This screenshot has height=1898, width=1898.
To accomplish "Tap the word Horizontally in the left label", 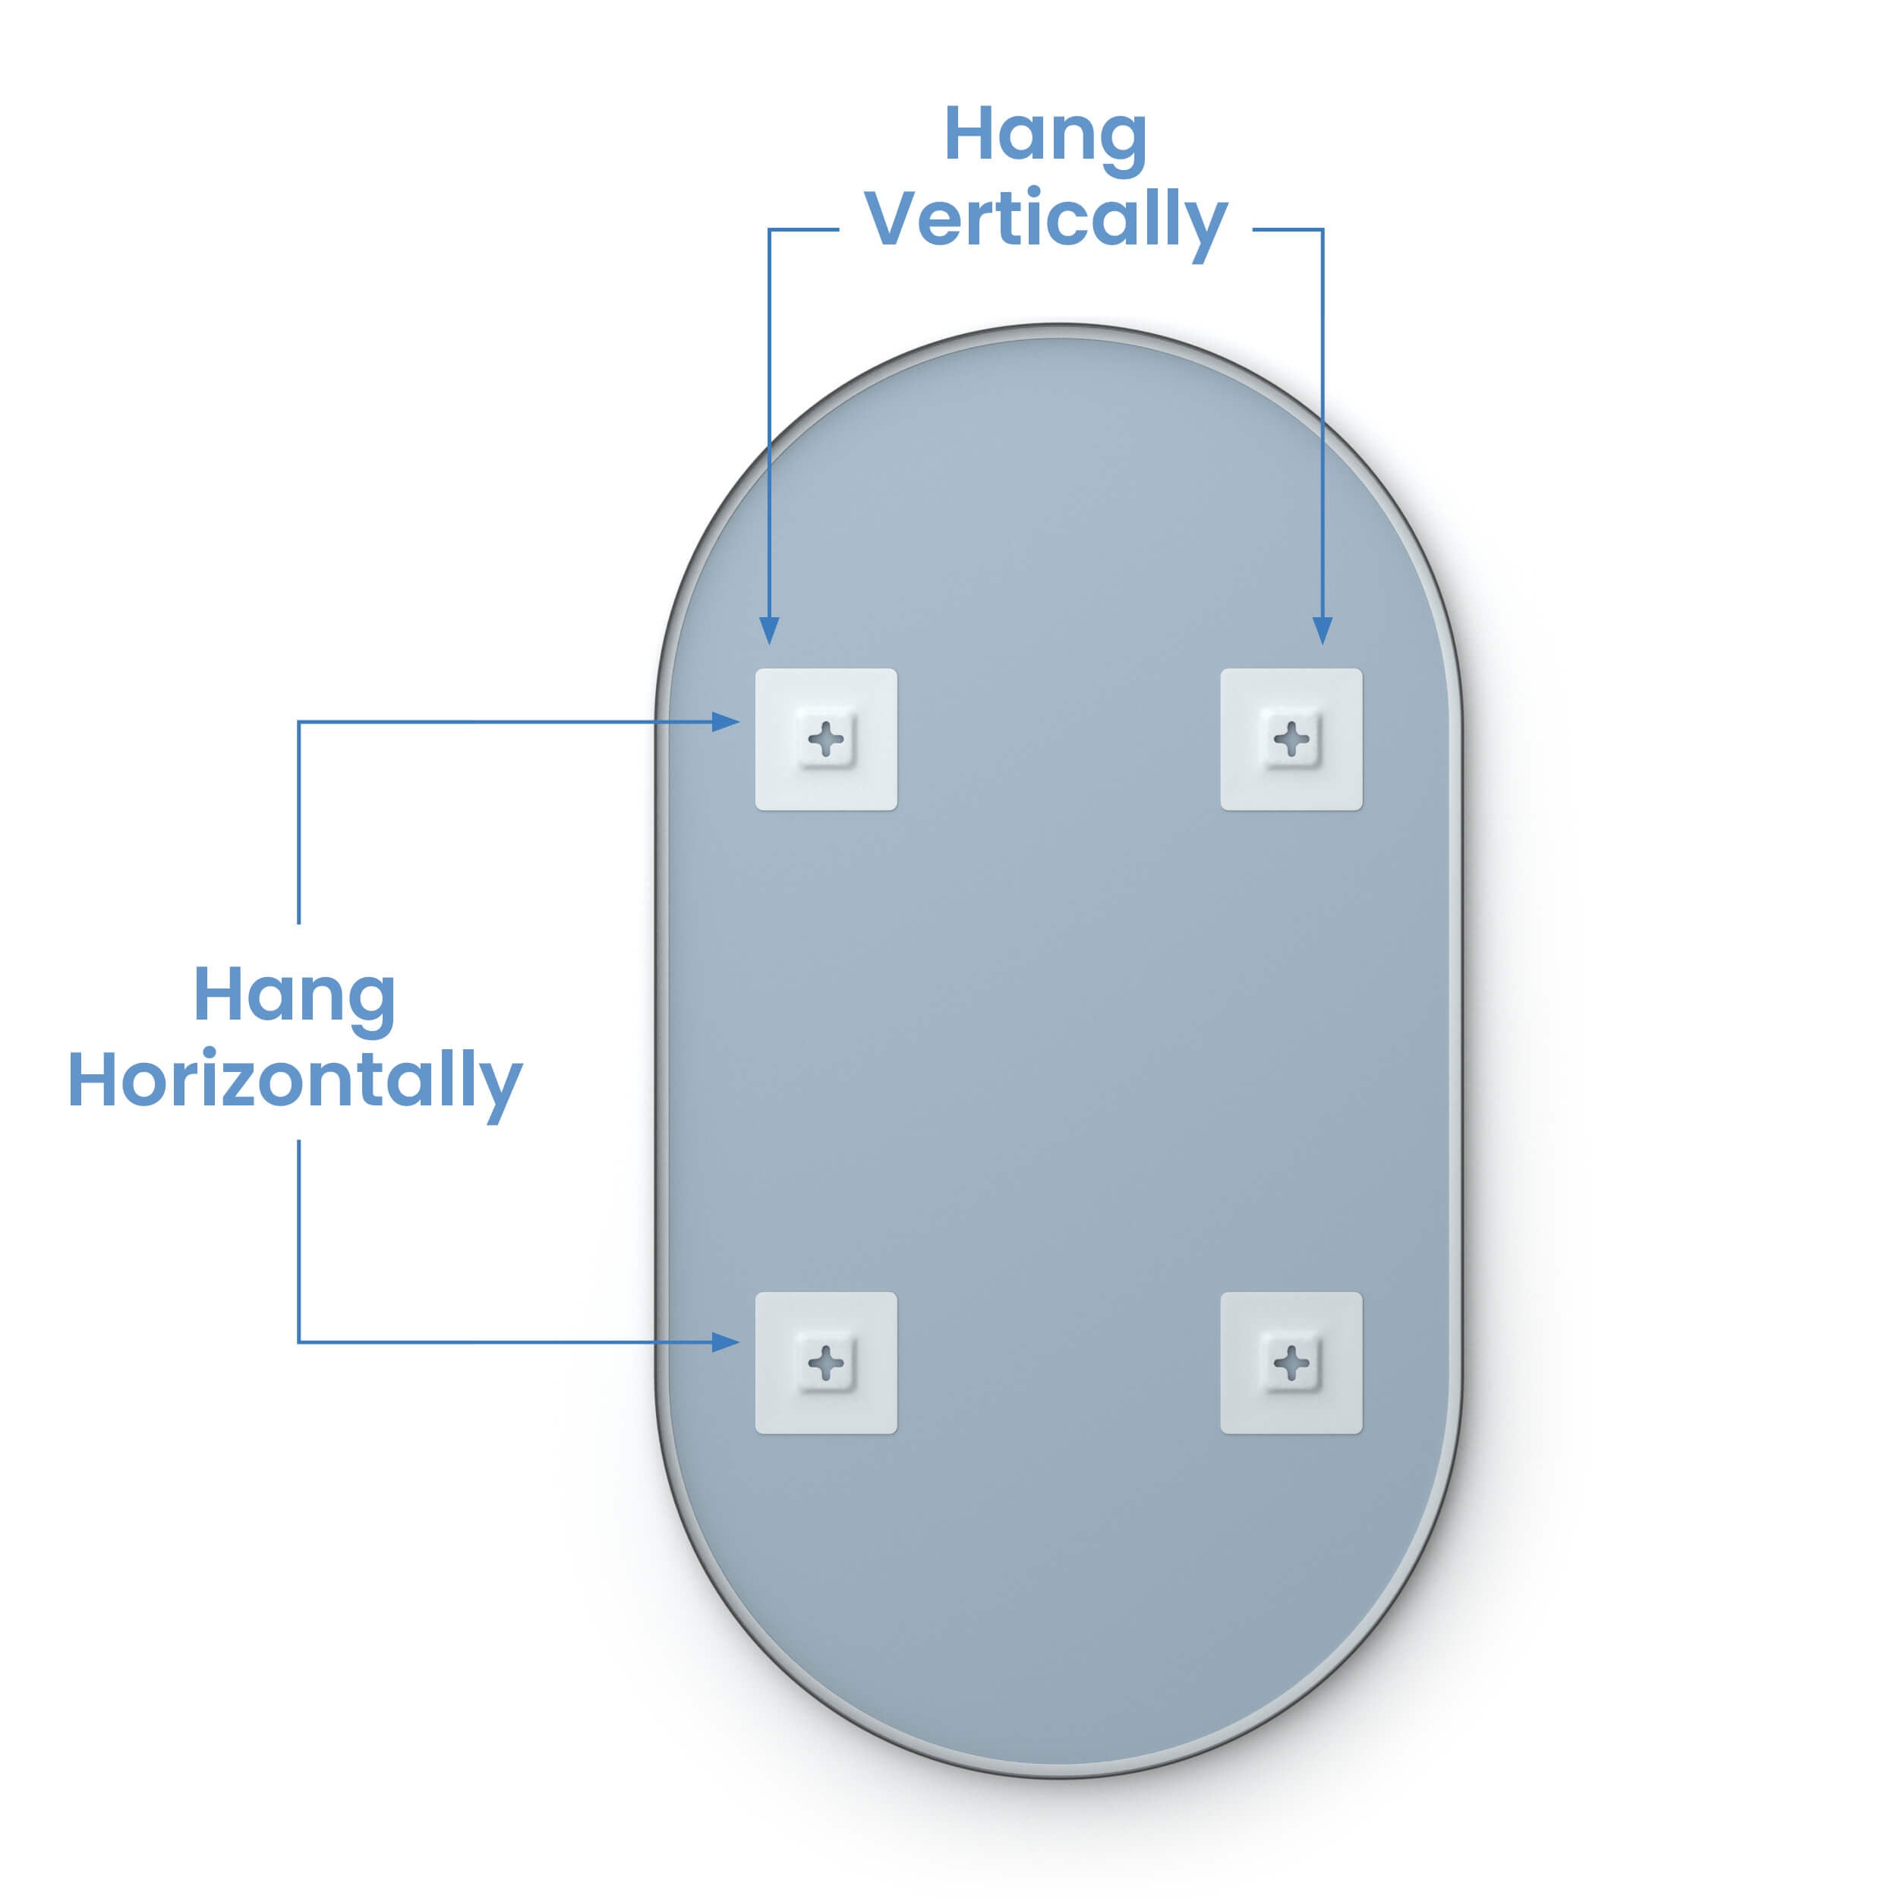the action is pos(295,1083).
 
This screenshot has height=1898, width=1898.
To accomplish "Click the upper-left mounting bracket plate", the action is pos(826,739).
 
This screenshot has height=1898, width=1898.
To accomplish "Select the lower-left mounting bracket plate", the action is pos(826,1363).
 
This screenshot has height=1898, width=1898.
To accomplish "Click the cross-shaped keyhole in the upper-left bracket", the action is pos(826,739).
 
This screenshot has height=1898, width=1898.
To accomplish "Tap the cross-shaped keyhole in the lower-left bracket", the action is pos(826,1363).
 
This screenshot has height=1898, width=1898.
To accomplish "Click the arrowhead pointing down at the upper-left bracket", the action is pos(769,631).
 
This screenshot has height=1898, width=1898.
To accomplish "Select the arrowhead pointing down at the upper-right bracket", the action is pos(1323,631).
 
